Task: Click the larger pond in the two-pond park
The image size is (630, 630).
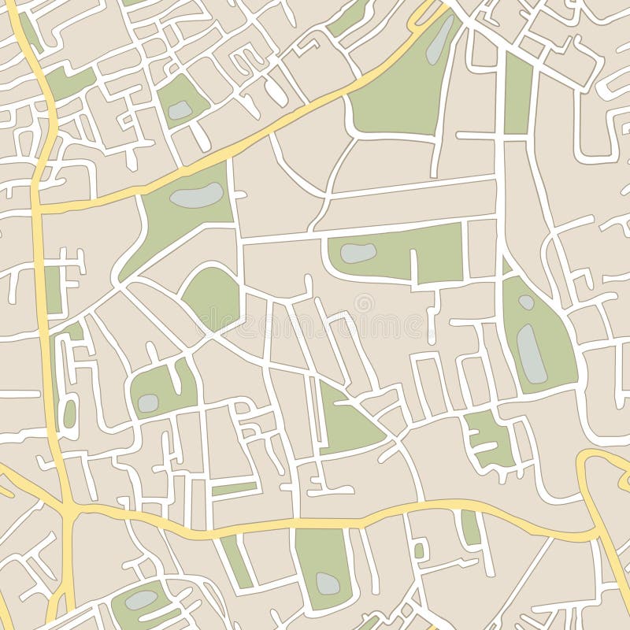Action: pyautogui.click(x=532, y=354)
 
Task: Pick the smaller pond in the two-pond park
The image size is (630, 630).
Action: pyautogui.click(x=526, y=302)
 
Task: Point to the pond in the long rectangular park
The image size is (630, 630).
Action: pyautogui.click(x=358, y=253)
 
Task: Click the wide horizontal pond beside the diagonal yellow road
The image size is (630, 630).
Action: pyautogui.click(x=196, y=195)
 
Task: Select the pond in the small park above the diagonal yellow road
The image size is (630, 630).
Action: pyautogui.click(x=180, y=110)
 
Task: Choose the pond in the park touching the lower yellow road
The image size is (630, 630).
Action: pyautogui.click(x=328, y=583)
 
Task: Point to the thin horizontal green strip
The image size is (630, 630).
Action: pyautogui.click(x=234, y=489)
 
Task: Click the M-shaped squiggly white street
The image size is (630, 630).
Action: pyautogui.click(x=250, y=59)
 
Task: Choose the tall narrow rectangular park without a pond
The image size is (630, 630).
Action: pyautogui.click(x=518, y=93)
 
